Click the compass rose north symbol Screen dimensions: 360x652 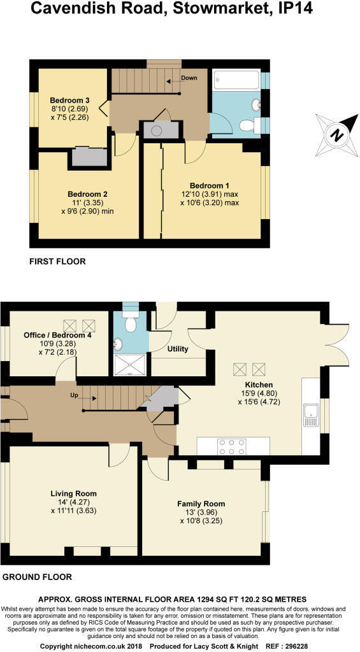click(x=337, y=134)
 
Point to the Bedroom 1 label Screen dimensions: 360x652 click(x=210, y=186)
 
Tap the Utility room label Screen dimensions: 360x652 click(x=178, y=350)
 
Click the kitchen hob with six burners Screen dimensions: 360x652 click(x=232, y=446)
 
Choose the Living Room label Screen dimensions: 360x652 click(x=74, y=494)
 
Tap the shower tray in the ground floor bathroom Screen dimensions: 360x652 click(x=130, y=364)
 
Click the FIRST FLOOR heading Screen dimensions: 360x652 click(x=57, y=262)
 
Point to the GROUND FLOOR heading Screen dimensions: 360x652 click(x=37, y=577)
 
